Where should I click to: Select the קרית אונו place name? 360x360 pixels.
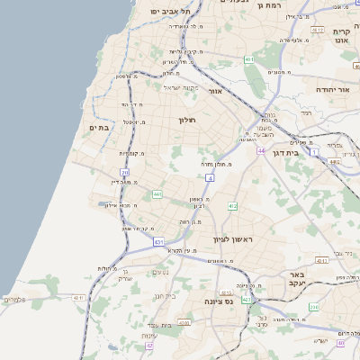coord(341,37)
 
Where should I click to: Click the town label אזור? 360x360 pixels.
coord(215,91)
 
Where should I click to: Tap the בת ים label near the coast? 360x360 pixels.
coord(99,129)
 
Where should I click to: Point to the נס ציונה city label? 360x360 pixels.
coord(219,301)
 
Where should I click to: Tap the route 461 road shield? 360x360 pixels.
coord(249,60)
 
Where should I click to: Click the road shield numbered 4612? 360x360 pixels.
coord(318,30)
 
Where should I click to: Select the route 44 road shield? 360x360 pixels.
coord(260,151)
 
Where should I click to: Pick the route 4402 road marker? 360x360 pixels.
coord(336,162)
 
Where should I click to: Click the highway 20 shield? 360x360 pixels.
coord(124,172)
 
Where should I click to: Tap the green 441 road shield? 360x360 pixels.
coord(157,194)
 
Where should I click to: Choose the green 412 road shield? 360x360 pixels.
coord(232,206)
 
